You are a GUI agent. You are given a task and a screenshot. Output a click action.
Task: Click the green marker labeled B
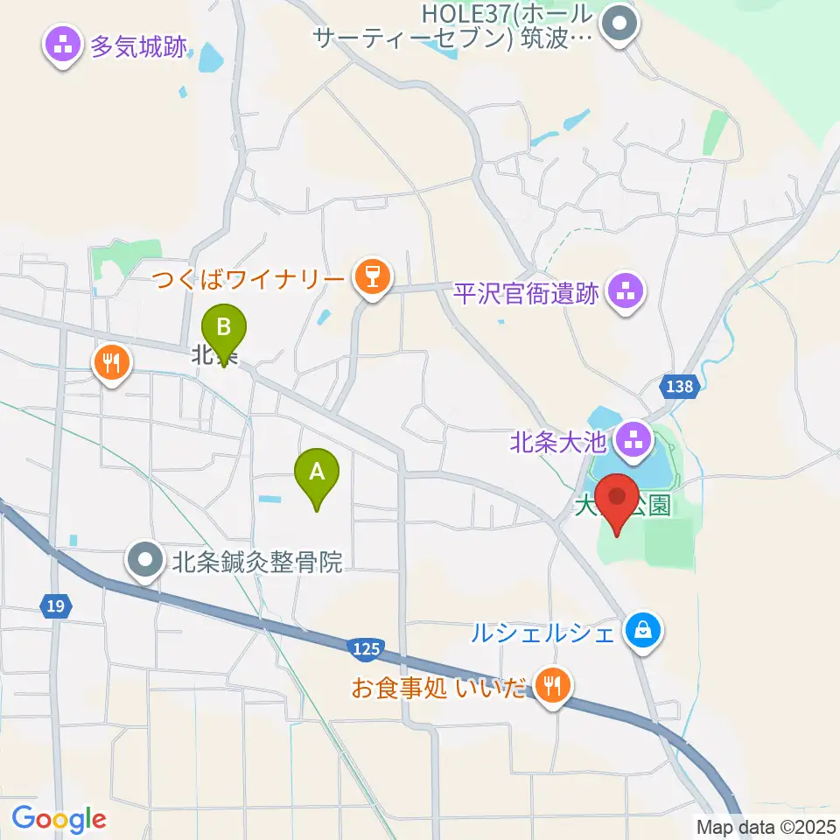click(224, 330)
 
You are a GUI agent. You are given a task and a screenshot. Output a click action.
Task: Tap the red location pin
click(619, 499)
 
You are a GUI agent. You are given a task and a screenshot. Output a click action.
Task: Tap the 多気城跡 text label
click(138, 46)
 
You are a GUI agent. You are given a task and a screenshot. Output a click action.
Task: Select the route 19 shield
click(54, 605)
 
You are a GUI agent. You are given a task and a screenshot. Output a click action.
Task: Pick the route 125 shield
click(366, 648)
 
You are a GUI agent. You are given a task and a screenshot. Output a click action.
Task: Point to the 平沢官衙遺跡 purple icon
click(625, 292)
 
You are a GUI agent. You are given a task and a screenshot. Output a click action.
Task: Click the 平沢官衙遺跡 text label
click(527, 293)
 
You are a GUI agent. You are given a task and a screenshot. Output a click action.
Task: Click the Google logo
click(59, 820)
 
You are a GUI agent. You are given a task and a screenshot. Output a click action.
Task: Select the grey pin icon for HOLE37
click(622, 21)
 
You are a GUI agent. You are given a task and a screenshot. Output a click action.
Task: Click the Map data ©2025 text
click(764, 825)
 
